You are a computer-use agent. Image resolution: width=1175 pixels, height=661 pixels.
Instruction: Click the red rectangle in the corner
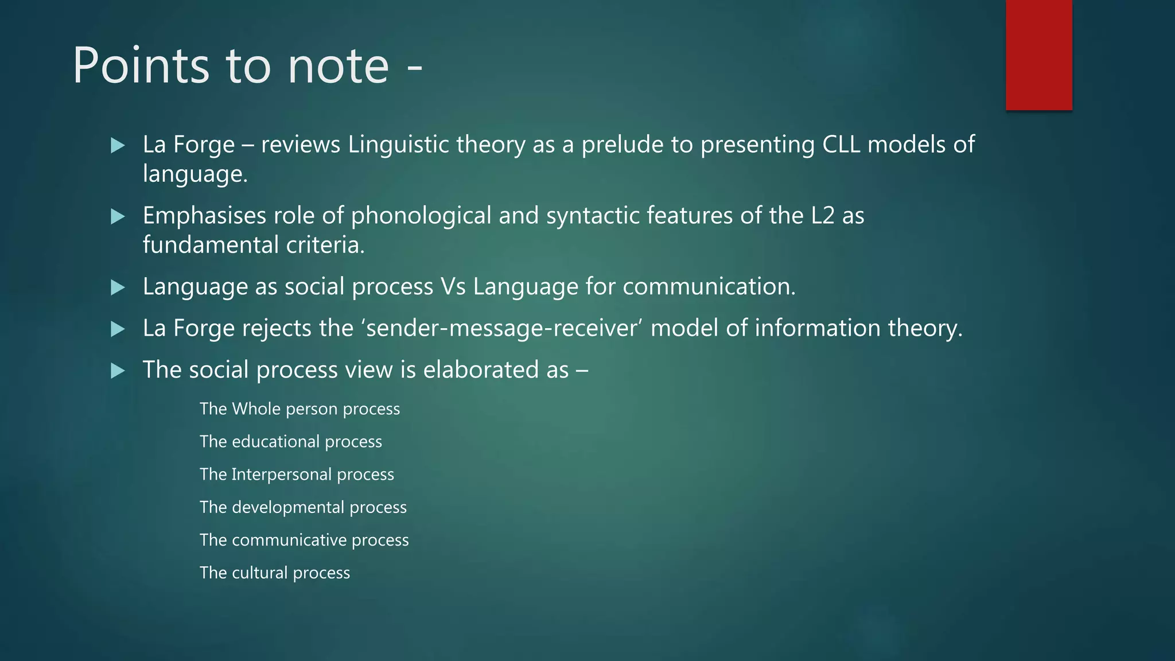click(x=1038, y=55)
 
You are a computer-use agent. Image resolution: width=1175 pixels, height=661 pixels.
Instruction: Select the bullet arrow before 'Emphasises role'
click(x=118, y=216)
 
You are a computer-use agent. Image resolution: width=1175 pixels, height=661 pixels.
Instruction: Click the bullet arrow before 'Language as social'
click(x=118, y=287)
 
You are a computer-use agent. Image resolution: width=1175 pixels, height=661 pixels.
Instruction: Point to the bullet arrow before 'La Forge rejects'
click(x=118, y=329)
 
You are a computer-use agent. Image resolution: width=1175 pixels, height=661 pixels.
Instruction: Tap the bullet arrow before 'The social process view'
click(x=118, y=371)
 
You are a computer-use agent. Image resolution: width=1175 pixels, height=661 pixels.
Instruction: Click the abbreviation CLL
click(x=841, y=145)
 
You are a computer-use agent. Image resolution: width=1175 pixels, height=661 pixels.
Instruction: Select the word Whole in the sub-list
click(x=256, y=409)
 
